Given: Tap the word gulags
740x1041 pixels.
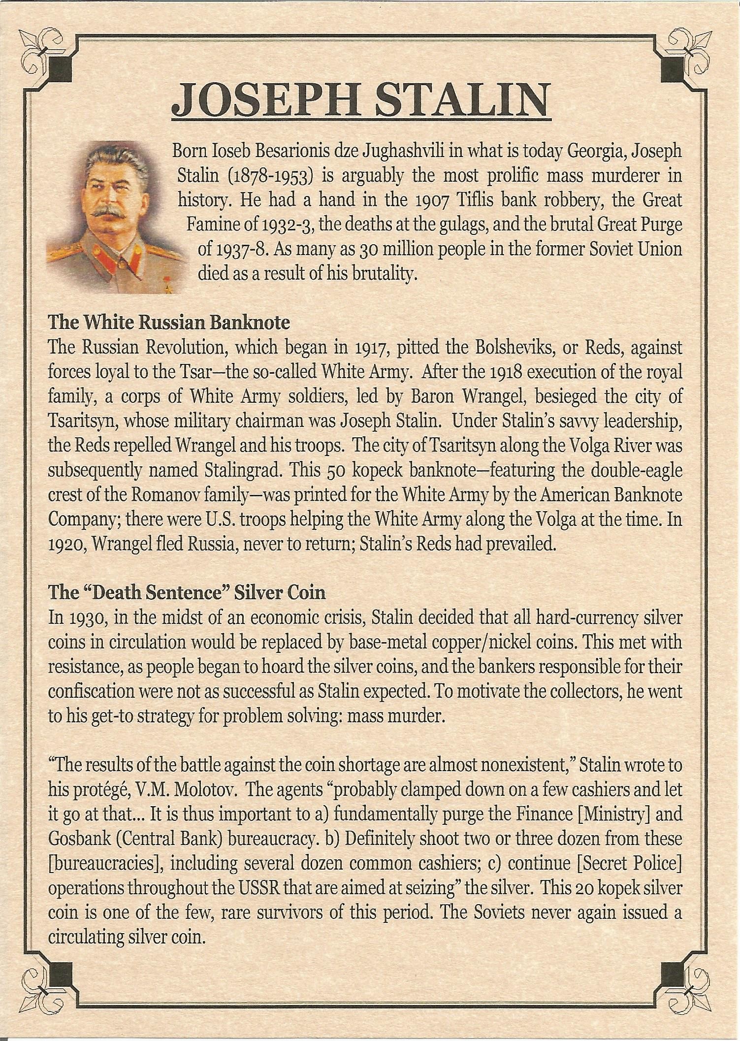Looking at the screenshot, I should point(450,225).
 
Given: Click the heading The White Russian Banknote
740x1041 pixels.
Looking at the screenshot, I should point(168,323).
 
